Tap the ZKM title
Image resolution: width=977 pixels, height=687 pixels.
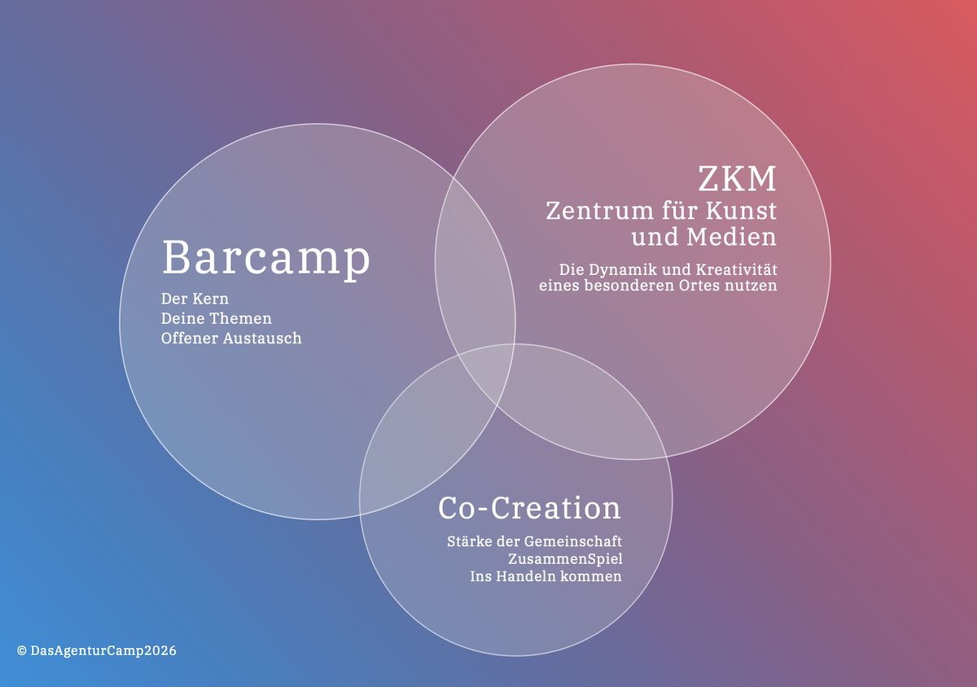click(x=737, y=178)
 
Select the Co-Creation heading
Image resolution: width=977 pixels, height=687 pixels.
click(x=529, y=508)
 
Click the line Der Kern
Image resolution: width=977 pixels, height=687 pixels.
click(x=195, y=299)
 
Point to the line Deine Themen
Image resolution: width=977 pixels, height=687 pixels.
click(x=217, y=318)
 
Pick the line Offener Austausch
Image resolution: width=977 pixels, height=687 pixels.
click(x=231, y=338)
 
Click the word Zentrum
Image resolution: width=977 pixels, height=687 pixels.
click(x=599, y=211)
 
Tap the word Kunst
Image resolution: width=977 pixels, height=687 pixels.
click(x=741, y=211)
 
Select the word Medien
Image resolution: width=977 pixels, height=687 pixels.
click(x=731, y=237)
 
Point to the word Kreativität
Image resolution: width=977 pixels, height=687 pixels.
click(x=736, y=269)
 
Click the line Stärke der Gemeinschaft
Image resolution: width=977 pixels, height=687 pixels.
click(x=534, y=542)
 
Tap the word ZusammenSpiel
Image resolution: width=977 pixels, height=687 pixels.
click(x=565, y=559)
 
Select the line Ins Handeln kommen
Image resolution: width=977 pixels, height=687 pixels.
click(x=545, y=576)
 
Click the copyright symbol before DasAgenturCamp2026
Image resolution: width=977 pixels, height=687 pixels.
click(x=22, y=651)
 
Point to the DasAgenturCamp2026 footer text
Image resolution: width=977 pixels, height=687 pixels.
click(x=103, y=651)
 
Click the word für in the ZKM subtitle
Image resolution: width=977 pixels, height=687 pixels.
click(x=679, y=210)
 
